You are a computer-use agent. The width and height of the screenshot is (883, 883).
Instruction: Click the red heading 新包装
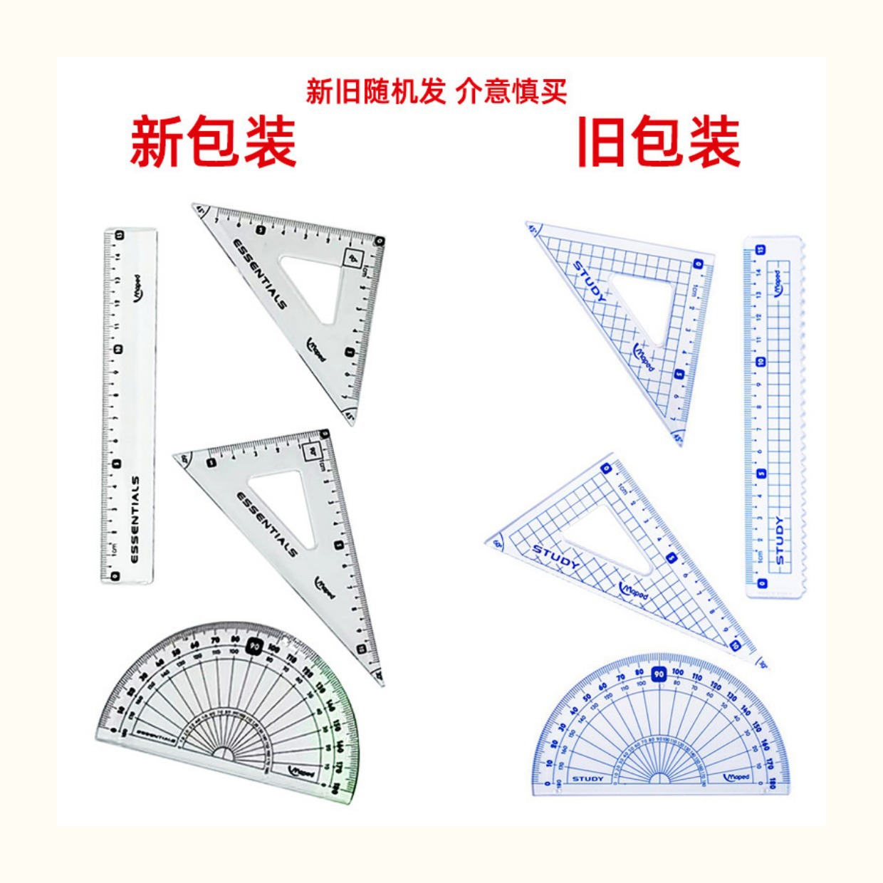pos(212,142)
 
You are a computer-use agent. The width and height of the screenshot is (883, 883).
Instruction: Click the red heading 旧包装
pos(658,142)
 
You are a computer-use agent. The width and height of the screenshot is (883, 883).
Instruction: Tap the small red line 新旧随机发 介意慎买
pos(437,92)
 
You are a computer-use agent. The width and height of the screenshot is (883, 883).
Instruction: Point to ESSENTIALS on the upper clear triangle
pos(261,273)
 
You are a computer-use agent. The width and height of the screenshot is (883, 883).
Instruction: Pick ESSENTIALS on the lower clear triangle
pos(266,523)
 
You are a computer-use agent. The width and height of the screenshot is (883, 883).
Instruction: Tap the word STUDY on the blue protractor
pos(587,778)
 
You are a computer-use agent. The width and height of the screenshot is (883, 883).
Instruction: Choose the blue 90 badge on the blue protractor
pos(659,674)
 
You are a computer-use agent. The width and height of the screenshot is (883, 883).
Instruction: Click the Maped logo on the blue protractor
pos(736,777)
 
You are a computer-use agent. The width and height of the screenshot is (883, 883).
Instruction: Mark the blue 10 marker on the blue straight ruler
pos(761,362)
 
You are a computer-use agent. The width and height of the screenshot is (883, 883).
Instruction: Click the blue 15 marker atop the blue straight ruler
pos(760,250)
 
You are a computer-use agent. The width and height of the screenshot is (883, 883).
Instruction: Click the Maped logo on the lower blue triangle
pos(634,590)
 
